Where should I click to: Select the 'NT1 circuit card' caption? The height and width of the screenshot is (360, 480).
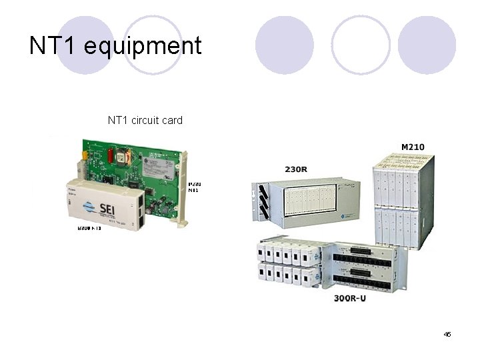pyautogui.click(x=145, y=121)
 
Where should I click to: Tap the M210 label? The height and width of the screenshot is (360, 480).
pyautogui.click(x=413, y=147)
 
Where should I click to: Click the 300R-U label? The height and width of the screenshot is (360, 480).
pyautogui.click(x=349, y=298)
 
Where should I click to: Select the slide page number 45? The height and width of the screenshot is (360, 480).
pyautogui.click(x=447, y=333)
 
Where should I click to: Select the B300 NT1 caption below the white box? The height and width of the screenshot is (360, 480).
pyautogui.click(x=88, y=228)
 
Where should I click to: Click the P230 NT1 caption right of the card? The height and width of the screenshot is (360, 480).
pyautogui.click(x=195, y=187)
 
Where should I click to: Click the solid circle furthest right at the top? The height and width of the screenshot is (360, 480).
pyautogui.click(x=427, y=45)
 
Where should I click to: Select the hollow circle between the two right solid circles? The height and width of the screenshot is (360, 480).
pyautogui.click(x=361, y=45)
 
